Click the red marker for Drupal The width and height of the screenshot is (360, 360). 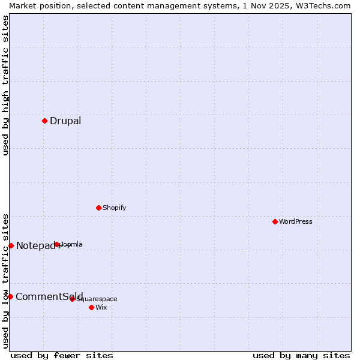pyautogui.click(x=44, y=121)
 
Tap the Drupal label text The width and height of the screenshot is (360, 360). pyautogui.click(x=65, y=121)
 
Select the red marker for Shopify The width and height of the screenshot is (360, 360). pyautogui.click(x=98, y=208)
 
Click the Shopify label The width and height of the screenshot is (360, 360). pyautogui.click(x=115, y=208)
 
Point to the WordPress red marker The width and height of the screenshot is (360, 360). pyautogui.click(x=275, y=221)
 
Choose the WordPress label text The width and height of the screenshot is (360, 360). pyautogui.click(x=296, y=222)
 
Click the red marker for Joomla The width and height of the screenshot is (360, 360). pyautogui.click(x=57, y=244)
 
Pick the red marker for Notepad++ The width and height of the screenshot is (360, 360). pyautogui.click(x=11, y=245)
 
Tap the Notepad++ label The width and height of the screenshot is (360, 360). pyautogui.click(x=36, y=246)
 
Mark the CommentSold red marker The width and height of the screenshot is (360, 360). pyautogui.click(x=10, y=296)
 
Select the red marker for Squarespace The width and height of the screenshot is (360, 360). pyautogui.click(x=72, y=299)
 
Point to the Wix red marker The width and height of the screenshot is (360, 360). pyautogui.click(x=91, y=307)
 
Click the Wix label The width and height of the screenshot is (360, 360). pyautogui.click(x=101, y=308)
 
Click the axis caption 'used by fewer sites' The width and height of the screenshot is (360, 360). pyautogui.click(x=62, y=355)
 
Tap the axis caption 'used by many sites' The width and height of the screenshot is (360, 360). pyautogui.click(x=301, y=355)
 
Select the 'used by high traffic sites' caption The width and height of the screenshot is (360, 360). pyautogui.click(x=5, y=85)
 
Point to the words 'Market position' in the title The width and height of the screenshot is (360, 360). pyautogui.click(x=37, y=5)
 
